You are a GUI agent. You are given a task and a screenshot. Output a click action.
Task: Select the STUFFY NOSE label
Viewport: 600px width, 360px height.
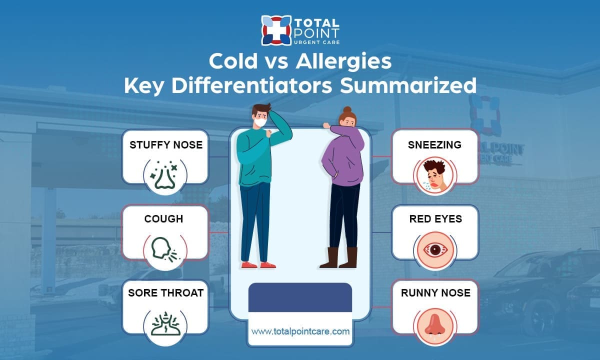point(166,145)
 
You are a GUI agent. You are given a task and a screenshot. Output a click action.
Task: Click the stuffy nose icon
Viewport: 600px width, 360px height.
point(165,175)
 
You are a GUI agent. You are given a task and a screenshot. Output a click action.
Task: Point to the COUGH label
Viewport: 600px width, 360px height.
point(163,219)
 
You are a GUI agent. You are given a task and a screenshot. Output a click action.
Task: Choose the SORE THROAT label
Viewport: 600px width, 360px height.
point(165,293)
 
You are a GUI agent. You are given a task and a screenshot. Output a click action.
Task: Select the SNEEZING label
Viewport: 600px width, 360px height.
point(434,145)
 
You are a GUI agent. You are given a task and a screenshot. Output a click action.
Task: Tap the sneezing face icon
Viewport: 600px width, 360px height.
point(434,174)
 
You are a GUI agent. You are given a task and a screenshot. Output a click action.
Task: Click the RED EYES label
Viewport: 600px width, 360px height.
point(435,219)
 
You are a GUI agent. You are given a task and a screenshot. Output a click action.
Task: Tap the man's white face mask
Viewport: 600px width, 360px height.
point(259,121)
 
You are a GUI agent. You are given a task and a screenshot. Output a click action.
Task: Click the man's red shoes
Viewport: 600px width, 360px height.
point(258,264)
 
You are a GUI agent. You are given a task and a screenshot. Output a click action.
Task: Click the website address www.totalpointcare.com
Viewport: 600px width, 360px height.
point(300,331)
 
